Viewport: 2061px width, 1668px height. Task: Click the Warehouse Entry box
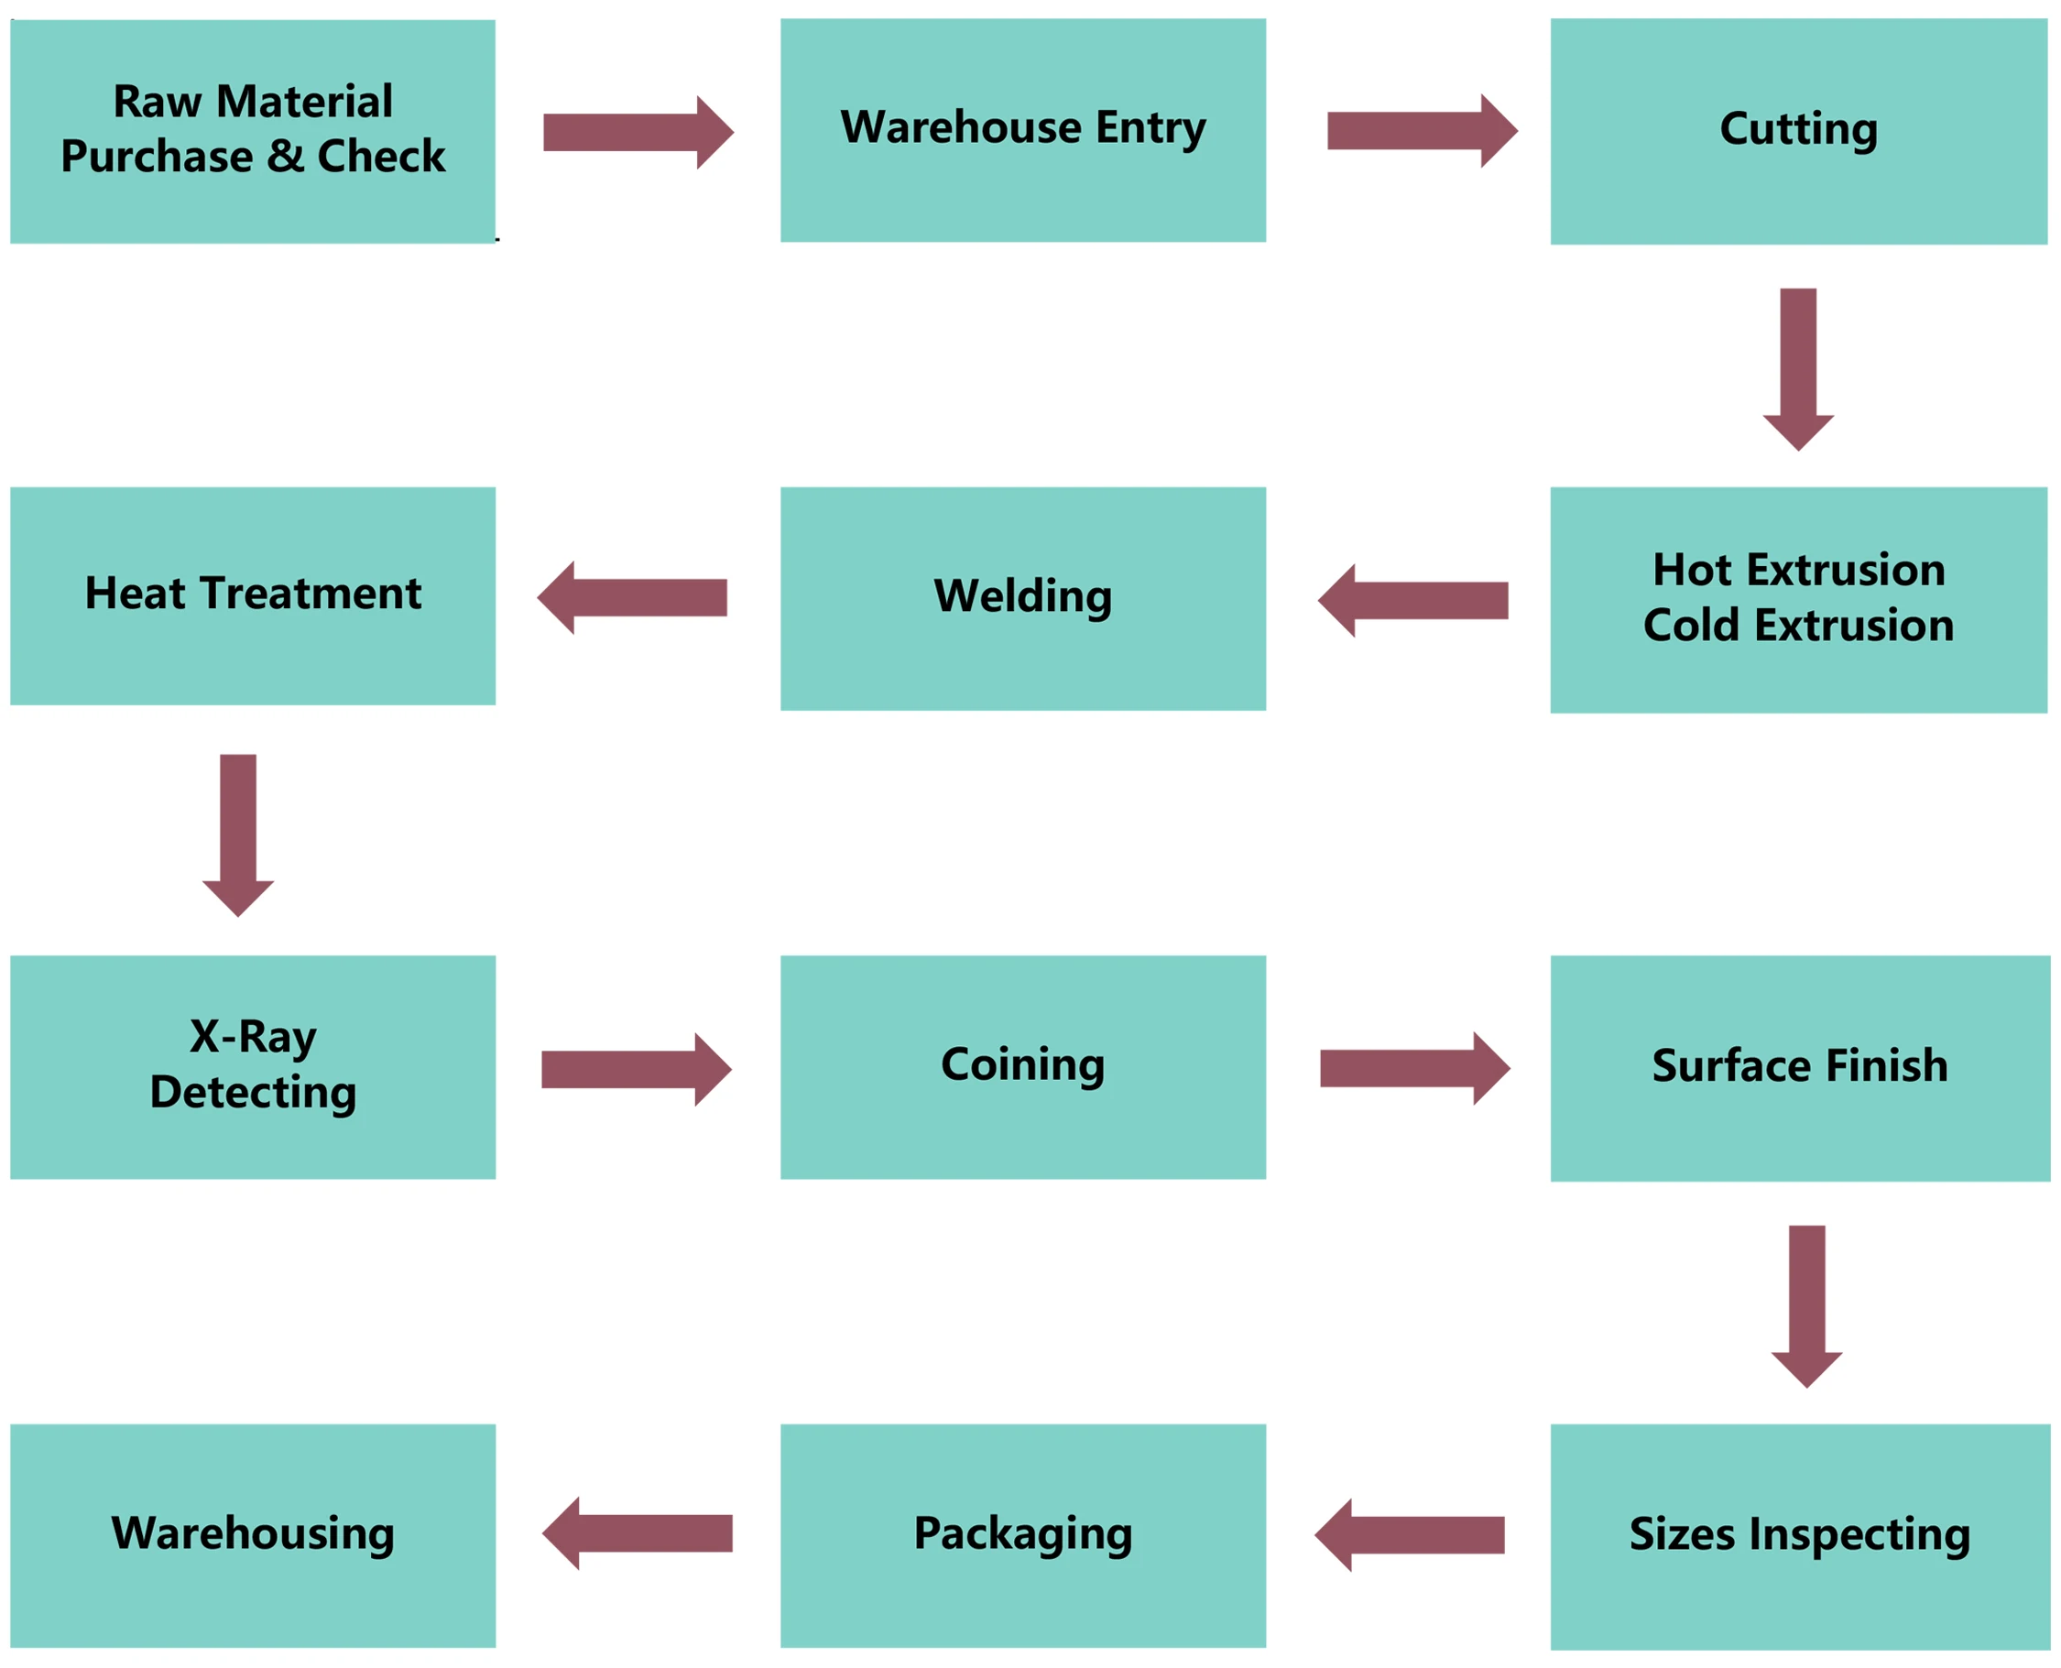click(x=1022, y=130)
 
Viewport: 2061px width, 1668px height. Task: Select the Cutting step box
click(x=1798, y=131)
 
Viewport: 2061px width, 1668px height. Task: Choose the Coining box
click(x=1022, y=1066)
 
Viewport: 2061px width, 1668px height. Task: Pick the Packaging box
click(x=1022, y=1534)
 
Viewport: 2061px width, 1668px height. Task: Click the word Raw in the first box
click(x=158, y=102)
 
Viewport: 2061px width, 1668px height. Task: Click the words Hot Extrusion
click(x=1798, y=570)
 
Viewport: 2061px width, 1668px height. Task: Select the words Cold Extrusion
click(x=1798, y=626)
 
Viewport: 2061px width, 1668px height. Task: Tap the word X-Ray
click(x=253, y=1037)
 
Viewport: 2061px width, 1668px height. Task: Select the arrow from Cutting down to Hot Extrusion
click(x=1798, y=369)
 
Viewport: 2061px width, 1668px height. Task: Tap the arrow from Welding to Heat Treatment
click(x=632, y=597)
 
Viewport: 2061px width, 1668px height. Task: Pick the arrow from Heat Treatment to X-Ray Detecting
click(x=238, y=835)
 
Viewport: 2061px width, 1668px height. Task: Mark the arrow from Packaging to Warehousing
click(x=637, y=1533)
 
